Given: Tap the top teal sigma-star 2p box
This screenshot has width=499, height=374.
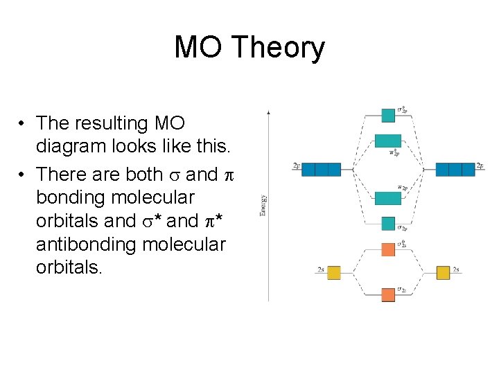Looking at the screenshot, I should (x=388, y=115).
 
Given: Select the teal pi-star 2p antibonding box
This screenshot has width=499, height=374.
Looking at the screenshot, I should (x=388, y=141).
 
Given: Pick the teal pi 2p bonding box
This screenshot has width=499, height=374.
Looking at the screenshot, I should (x=388, y=198).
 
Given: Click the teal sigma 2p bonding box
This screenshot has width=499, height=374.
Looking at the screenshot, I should (x=388, y=224).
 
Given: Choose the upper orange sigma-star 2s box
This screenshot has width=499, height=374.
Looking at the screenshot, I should (x=388, y=249).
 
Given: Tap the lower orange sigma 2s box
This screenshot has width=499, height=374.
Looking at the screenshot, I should (x=388, y=294).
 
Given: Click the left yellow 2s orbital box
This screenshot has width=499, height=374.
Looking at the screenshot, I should (x=334, y=272).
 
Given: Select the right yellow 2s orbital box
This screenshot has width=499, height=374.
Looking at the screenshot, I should (x=444, y=272).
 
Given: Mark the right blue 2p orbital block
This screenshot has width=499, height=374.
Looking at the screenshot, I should (x=455, y=169).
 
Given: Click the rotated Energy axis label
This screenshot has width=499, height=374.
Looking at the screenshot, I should (x=263, y=205).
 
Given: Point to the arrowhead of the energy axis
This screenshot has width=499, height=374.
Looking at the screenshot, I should (x=268, y=111).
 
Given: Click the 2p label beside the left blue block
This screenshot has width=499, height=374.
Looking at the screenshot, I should (x=297, y=166).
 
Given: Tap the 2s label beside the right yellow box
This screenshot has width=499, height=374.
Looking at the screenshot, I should (x=456, y=269).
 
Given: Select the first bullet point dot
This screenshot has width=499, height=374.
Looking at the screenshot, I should (x=23, y=124).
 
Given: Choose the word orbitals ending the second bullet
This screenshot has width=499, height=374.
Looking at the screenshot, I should (x=69, y=268).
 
